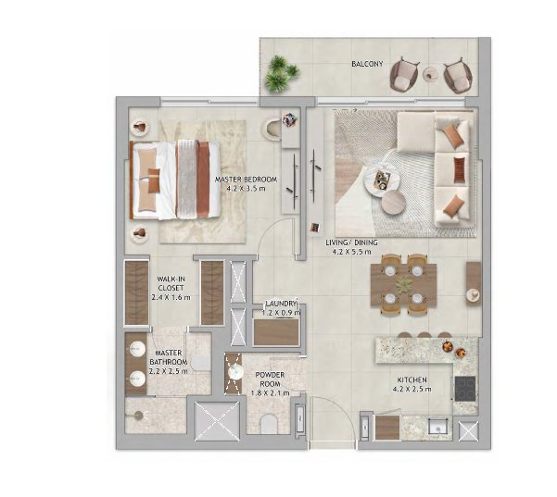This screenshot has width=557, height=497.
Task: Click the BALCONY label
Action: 367,64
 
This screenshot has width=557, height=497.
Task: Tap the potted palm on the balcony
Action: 282,74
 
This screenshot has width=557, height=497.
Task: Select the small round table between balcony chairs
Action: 432,74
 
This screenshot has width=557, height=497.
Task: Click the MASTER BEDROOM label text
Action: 246,180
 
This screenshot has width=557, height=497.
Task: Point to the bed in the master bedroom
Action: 175,180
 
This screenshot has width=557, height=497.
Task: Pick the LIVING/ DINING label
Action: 351,242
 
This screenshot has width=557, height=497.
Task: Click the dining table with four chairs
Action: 403,284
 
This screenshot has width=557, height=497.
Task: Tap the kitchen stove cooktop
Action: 465,389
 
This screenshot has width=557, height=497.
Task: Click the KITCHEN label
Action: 412,380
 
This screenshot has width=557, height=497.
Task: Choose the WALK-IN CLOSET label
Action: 171,283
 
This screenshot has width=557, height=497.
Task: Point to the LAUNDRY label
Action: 281,304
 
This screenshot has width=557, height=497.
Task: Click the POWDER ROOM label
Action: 270,379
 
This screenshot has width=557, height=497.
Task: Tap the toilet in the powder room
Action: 269,424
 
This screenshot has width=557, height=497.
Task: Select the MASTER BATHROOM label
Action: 169,357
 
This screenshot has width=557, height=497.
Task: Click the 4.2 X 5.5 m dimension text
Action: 351,252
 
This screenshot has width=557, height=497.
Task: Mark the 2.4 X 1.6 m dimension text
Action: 171,297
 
